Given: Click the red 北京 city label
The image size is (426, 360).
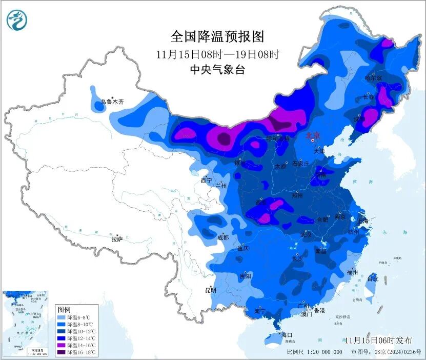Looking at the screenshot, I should pyautogui.click(x=313, y=135).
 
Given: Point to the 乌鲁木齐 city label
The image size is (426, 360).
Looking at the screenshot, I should pyautogui.click(x=112, y=102).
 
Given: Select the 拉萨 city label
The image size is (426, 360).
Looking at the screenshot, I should pyautogui.click(x=117, y=238).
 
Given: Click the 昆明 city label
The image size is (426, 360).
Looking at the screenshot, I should pyautogui.click(x=211, y=290).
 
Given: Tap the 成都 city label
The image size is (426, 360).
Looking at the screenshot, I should pyautogui.click(x=223, y=237).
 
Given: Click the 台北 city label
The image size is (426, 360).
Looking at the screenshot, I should pyautogui.click(x=372, y=279).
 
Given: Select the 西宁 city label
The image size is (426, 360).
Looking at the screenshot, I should pyautogui.click(x=206, y=180).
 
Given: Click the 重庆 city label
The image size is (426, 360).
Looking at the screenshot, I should pyautogui.click(x=242, y=248).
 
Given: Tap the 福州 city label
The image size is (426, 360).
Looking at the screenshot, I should pyautogui.click(x=352, y=272).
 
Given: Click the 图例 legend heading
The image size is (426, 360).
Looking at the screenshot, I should pyautogui.click(x=64, y=310).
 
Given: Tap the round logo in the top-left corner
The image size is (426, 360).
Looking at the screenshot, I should pyautogui.click(x=17, y=20).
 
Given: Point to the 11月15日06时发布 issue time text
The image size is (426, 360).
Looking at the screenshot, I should pyautogui.click(x=378, y=340).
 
